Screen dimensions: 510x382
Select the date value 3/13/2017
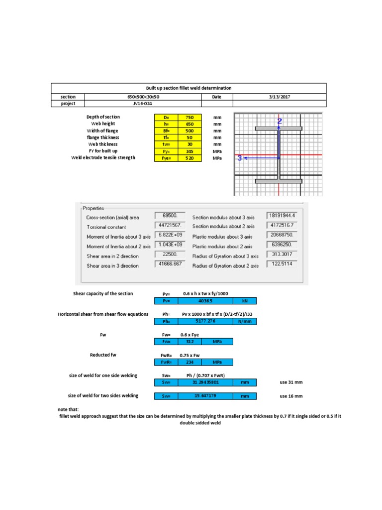(x=280, y=97)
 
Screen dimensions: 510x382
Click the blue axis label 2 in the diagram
(x=280, y=121)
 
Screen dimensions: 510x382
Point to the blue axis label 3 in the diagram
(x=240, y=158)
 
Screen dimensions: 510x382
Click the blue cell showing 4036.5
(x=205, y=301)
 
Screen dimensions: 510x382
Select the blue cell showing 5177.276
(x=205, y=322)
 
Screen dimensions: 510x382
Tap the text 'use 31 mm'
(x=291, y=382)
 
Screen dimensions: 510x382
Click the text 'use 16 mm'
(x=291, y=396)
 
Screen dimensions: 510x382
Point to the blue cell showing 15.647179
(x=205, y=396)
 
